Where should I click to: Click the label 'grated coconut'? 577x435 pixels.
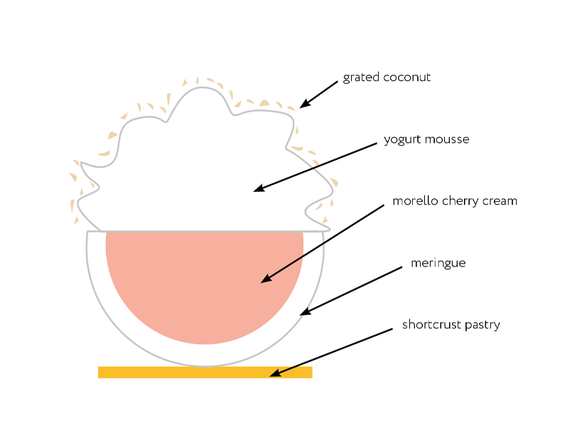tap(387, 77)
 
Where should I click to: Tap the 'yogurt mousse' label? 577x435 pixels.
tap(426, 140)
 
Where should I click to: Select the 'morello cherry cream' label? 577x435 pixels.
tap(455, 201)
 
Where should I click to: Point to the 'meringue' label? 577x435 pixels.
tap(438, 264)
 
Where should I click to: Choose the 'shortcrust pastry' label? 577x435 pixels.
tap(451, 326)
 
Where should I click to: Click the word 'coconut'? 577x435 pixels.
tap(409, 77)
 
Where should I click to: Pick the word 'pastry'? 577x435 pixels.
tap(480, 326)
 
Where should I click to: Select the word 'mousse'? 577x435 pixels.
tap(447, 140)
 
